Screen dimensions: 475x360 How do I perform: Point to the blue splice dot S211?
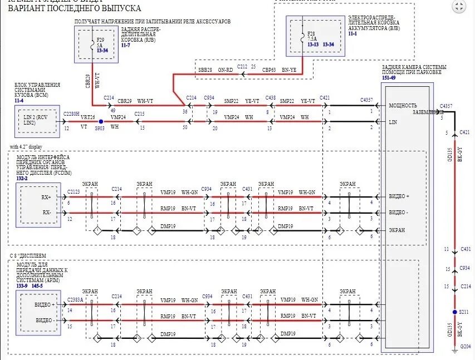(454, 313)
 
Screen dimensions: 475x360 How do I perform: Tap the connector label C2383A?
(75, 299)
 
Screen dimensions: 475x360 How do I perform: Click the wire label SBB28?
(205, 71)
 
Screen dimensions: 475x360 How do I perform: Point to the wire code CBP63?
(269, 71)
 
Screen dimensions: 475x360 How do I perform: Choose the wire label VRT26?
(88, 118)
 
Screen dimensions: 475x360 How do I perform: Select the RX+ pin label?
(46, 197)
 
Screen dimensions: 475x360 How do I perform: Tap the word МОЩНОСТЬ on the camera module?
(403, 105)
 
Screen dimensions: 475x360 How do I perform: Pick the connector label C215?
(139, 114)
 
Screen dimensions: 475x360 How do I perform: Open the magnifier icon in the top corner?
(458, 7)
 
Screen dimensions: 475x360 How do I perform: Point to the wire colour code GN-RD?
(226, 71)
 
